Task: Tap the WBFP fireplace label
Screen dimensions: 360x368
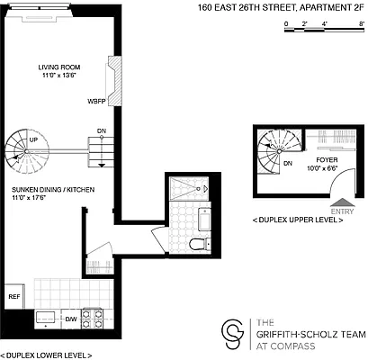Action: tap(97, 101)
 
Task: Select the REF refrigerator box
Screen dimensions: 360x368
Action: tap(14, 295)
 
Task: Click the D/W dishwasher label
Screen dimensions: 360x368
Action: tap(71, 319)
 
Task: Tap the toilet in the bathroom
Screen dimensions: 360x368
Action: tap(199, 246)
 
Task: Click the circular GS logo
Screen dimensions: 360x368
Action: tap(233, 334)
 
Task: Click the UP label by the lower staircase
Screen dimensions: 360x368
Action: tap(33, 140)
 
